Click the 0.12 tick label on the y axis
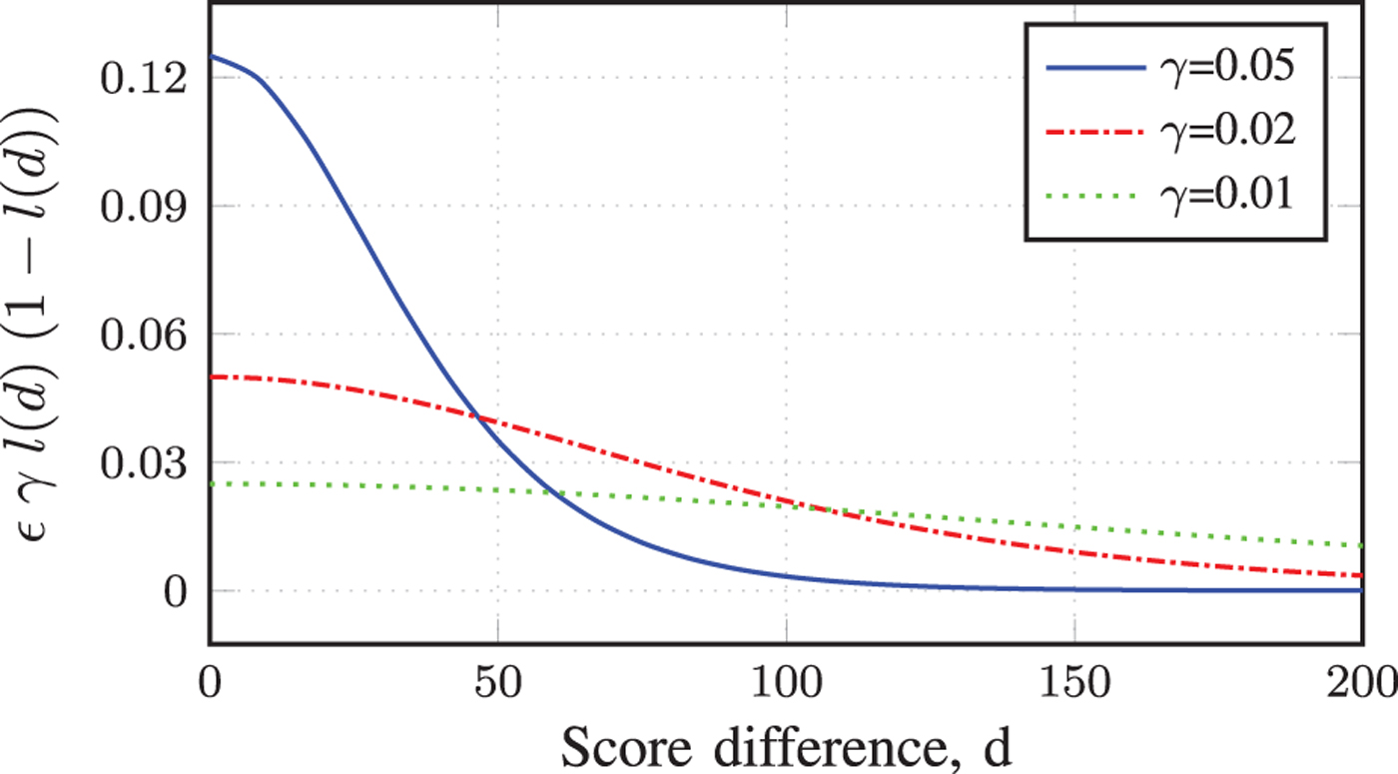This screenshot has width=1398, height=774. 146,78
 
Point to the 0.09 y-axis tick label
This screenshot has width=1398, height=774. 146,206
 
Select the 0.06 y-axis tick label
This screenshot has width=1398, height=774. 146,335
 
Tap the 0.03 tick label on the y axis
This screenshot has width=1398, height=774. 146,462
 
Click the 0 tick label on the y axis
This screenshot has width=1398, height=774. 176,591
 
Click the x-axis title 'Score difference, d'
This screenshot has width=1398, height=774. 786,744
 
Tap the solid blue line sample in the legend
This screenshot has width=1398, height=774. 1096,69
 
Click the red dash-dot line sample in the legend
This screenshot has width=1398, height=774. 1096,131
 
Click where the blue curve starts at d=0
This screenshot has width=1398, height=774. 211,56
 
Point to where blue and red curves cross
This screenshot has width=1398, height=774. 476,417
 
